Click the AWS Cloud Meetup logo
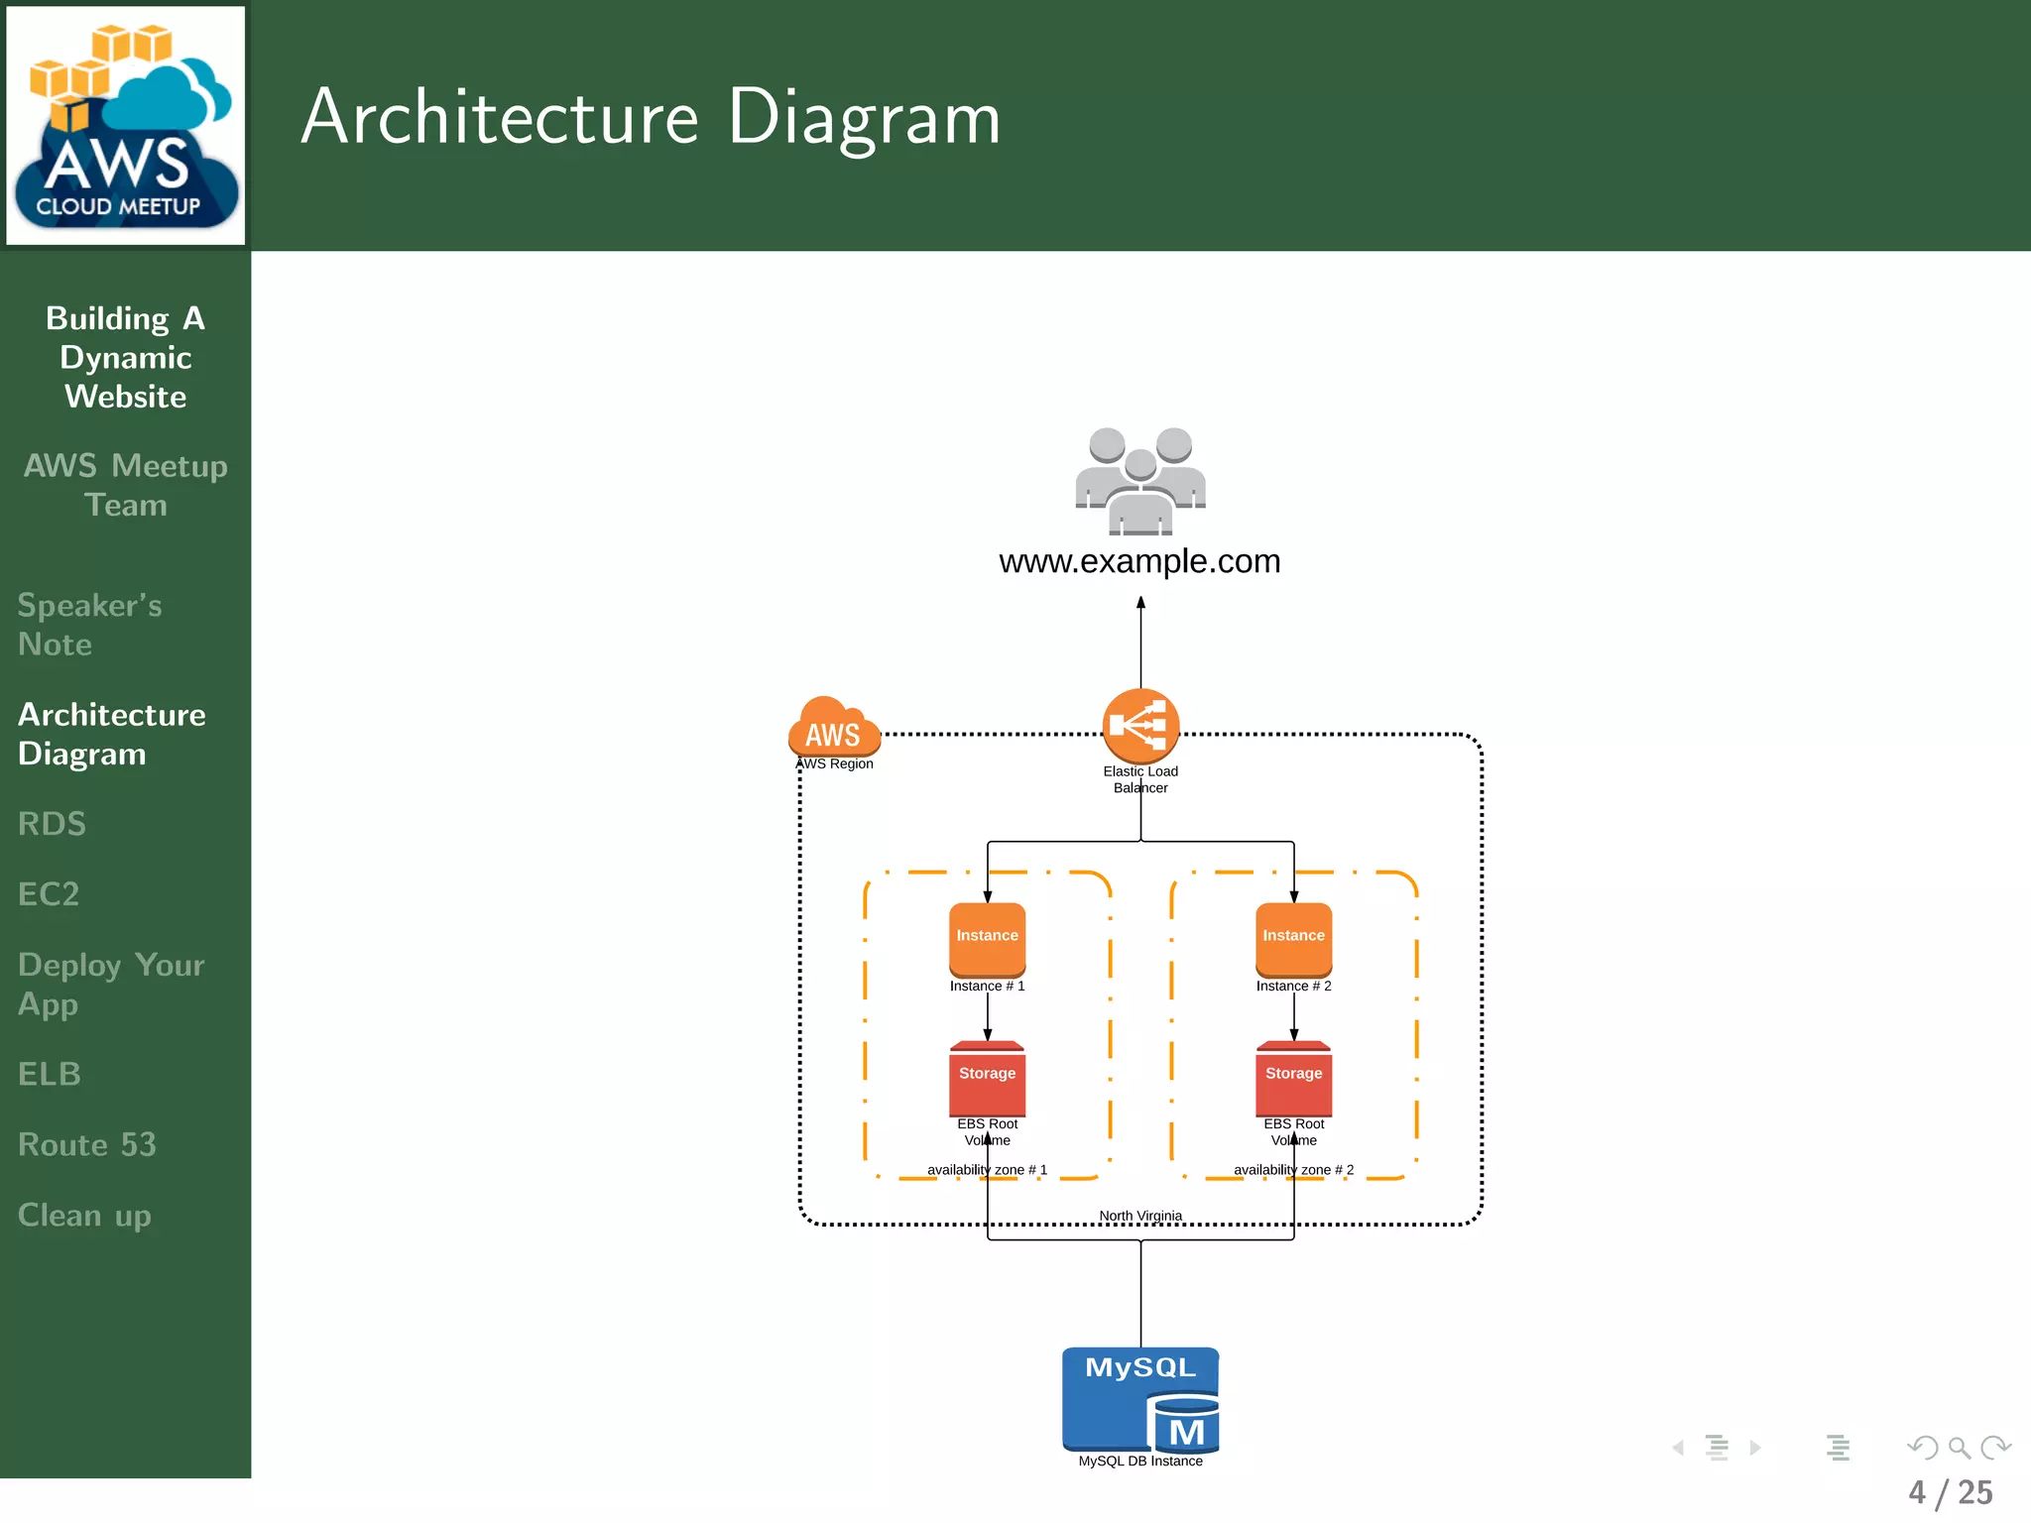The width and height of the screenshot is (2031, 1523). pos(126,125)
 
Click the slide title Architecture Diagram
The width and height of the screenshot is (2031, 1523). pos(651,117)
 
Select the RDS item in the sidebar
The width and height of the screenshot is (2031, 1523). pos(52,824)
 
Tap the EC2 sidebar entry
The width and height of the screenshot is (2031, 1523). pos(49,894)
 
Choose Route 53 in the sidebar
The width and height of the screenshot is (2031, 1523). pos(87,1144)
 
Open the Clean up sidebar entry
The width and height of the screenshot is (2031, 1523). pos(84,1216)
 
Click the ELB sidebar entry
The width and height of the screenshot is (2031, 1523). pos(50,1074)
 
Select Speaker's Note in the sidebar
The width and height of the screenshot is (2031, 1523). pos(89,625)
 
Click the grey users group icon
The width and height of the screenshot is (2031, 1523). pos(1140,481)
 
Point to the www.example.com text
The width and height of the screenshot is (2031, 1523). pos(1139,561)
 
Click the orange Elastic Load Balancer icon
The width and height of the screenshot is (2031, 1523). pos(1140,726)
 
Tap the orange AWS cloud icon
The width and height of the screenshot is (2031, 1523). pos(833,728)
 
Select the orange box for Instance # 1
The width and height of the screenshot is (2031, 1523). pos(987,938)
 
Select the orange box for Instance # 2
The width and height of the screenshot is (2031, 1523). pos(1293,938)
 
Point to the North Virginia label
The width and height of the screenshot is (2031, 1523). pos(1140,1216)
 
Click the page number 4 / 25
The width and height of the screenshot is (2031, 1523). pos(1950,1492)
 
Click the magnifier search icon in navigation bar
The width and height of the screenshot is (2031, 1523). pos(1959,1448)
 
